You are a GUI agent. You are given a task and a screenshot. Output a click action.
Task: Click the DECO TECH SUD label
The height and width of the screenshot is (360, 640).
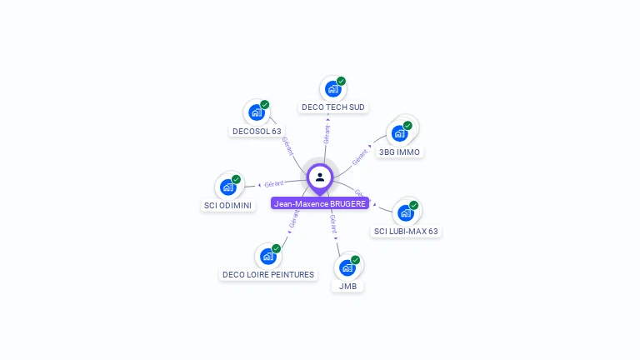pos(333,107)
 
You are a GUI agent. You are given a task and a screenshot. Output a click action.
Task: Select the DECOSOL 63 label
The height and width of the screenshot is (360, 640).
pos(257,131)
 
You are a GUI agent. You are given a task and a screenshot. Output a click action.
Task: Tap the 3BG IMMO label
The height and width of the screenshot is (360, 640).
pos(400,152)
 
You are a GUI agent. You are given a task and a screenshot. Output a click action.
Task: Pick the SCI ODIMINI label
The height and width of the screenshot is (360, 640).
pos(228,205)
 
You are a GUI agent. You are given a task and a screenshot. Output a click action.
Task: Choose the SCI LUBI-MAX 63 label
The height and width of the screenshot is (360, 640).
pos(406,231)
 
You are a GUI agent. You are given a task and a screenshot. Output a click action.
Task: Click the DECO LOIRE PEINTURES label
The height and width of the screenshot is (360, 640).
pos(268,274)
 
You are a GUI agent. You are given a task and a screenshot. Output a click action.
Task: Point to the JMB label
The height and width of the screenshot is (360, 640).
pos(347,286)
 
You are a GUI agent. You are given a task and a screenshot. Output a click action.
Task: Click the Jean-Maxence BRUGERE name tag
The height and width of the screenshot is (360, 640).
pos(320,203)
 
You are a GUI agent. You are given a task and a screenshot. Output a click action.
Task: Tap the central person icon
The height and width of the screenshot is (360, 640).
pos(320,177)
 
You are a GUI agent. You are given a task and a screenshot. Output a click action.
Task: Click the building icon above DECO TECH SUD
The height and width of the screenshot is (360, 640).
pos(332,89)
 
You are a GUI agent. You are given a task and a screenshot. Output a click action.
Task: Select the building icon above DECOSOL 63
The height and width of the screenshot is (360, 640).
pos(256,112)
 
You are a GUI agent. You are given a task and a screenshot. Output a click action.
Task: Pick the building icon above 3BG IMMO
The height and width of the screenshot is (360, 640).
pos(400,133)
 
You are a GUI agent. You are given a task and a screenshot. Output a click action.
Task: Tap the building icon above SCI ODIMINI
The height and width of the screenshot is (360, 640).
pos(227,187)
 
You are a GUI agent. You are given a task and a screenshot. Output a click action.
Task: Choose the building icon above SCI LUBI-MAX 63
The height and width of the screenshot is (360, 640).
pos(406,212)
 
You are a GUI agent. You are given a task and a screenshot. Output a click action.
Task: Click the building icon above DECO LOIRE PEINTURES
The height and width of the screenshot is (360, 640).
pos(267,256)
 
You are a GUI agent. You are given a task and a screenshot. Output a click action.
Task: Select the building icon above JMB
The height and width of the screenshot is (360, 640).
pos(347,267)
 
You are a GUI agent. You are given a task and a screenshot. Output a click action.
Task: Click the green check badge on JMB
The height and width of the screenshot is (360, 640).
pos(355,260)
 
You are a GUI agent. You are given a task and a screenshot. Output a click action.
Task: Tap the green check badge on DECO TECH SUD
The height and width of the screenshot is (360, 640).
pos(341,82)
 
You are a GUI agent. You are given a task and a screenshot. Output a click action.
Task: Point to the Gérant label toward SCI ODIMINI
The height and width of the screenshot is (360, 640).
pos(274,183)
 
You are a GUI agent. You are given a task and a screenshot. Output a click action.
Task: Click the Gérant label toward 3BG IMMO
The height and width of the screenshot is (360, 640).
pos(360,156)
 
